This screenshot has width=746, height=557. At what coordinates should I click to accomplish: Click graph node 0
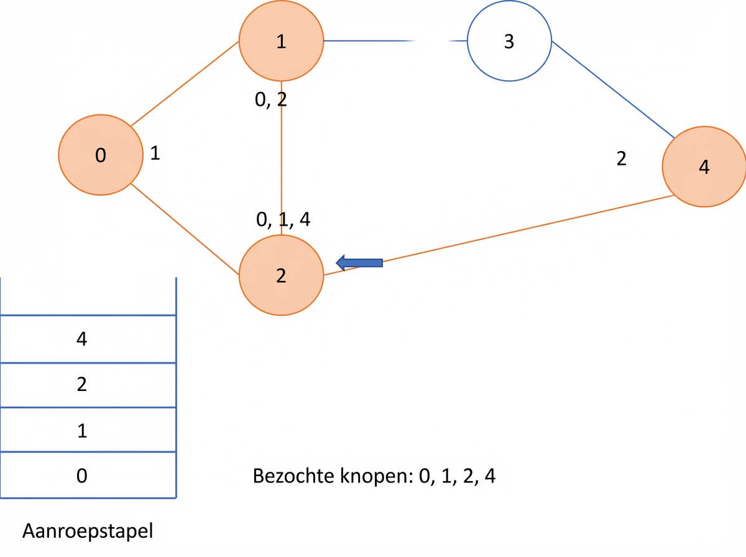tap(101, 155)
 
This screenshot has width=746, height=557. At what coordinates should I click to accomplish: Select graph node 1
tap(282, 41)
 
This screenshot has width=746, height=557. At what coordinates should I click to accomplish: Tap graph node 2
tap(282, 275)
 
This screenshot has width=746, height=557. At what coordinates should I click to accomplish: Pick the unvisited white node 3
tap(509, 41)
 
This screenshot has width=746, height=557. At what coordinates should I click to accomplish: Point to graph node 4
tap(704, 167)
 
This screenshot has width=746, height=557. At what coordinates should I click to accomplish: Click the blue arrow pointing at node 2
tap(359, 263)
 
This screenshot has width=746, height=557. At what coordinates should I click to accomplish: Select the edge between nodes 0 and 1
tap(185, 83)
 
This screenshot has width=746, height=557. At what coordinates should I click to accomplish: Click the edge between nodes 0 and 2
tap(185, 229)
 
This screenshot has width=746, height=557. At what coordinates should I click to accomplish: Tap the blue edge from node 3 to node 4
tap(613, 90)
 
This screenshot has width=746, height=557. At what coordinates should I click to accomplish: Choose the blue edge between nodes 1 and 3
tap(395, 41)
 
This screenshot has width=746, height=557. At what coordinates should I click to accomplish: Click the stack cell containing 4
tap(88, 339)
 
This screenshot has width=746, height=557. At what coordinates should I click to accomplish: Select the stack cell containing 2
tap(88, 385)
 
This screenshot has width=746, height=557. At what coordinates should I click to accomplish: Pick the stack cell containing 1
tap(88, 430)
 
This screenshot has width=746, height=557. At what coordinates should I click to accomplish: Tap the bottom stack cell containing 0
tap(88, 476)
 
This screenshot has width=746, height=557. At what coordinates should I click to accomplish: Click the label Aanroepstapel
tap(88, 531)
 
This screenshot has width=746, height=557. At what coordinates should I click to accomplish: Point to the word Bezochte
tap(293, 476)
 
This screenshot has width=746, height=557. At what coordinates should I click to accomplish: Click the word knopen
tap(376, 477)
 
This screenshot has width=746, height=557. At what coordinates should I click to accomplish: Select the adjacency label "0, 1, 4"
tap(283, 219)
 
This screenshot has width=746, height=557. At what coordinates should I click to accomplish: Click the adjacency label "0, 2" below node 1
tap(271, 100)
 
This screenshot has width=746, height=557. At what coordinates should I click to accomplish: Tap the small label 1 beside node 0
tap(155, 153)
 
